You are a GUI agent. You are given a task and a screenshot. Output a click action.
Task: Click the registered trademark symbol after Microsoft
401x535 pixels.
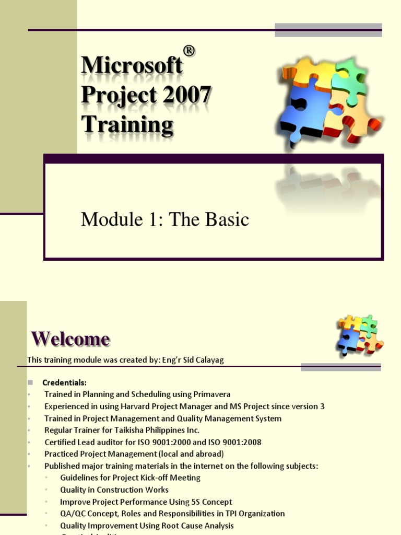click(x=189, y=51)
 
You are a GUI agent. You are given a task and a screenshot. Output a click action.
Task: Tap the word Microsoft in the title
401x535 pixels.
click(x=132, y=65)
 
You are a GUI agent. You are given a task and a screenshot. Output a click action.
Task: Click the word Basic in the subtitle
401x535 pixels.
click(x=226, y=220)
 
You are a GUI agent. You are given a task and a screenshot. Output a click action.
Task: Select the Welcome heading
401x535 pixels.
click(x=70, y=339)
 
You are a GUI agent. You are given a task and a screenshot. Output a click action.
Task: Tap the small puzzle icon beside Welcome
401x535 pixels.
click(x=360, y=334)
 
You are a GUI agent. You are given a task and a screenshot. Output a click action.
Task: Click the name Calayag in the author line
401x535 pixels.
click(x=209, y=360)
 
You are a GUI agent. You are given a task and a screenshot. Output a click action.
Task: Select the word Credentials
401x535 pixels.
click(x=64, y=382)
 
